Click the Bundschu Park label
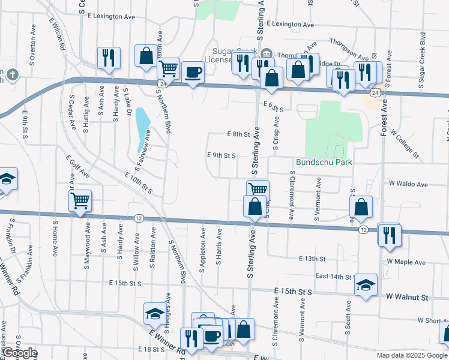click(x=324, y=163)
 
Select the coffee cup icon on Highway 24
click(x=193, y=73)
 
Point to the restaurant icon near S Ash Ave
click(x=109, y=58)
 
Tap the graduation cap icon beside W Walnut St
click(x=365, y=286)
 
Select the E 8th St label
click(x=238, y=135)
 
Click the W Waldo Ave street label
click(x=408, y=184)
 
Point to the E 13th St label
click(x=312, y=259)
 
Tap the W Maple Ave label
click(x=406, y=262)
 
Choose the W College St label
click(x=406, y=145)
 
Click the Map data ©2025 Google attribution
click(x=412, y=355)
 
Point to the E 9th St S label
click(x=221, y=155)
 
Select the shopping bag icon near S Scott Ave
click(x=361, y=208)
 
